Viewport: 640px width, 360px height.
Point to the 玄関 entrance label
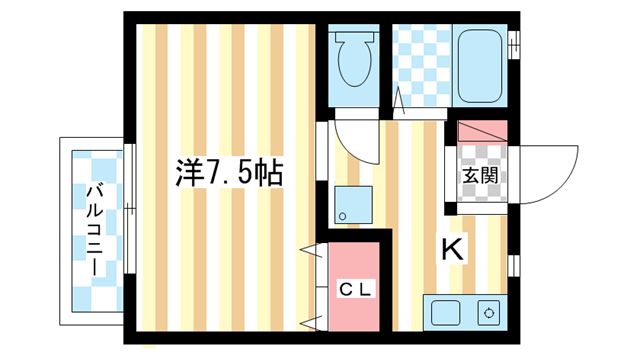(x=479, y=176)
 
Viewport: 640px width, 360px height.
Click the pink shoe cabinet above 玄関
(x=483, y=131)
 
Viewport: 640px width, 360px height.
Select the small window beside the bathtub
(x=515, y=45)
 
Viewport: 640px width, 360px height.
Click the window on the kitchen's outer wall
(x=513, y=264)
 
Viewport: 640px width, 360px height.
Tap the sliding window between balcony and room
(x=129, y=210)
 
